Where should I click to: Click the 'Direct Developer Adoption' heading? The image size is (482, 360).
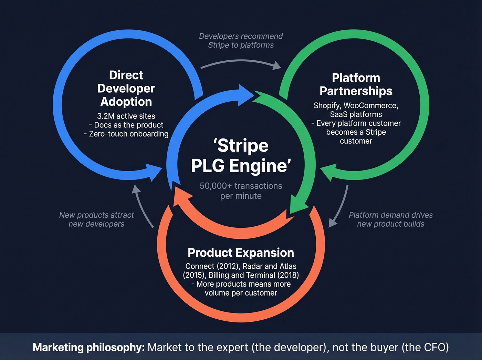[x=126, y=89]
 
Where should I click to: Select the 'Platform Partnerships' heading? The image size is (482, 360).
[x=356, y=84]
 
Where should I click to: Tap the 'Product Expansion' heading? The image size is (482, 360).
[x=241, y=253]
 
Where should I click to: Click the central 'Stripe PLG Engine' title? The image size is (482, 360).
[x=241, y=156]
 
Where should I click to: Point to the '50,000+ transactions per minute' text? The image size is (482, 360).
[x=241, y=191]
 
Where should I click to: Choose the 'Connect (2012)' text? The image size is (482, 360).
[x=212, y=266]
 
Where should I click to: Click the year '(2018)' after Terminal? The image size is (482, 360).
[x=288, y=275]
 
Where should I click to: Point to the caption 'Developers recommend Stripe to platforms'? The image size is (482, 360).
[x=241, y=41]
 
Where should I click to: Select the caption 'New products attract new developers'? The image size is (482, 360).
[x=96, y=219]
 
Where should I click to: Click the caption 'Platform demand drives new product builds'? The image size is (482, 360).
[x=391, y=219]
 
